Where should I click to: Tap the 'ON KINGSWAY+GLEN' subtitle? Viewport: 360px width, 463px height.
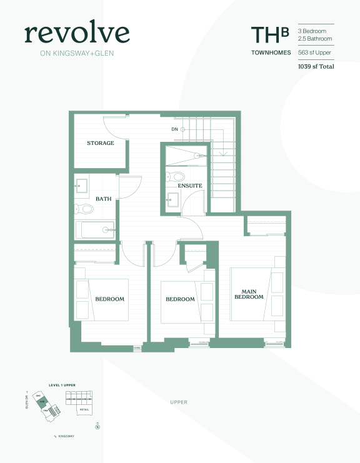(x=77, y=53)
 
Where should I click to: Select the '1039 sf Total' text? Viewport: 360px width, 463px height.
(x=316, y=66)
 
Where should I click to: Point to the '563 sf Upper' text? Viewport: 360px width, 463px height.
(x=316, y=52)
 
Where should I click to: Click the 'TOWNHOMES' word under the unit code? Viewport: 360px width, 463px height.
(x=271, y=52)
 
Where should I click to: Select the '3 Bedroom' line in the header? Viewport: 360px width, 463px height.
(x=316, y=31)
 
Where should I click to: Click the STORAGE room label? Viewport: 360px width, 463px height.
(x=100, y=143)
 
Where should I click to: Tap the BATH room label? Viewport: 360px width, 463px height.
(x=103, y=199)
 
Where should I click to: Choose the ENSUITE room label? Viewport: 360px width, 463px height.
(x=189, y=186)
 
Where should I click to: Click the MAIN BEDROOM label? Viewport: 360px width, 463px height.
(x=249, y=294)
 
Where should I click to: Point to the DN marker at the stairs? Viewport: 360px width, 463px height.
(x=175, y=129)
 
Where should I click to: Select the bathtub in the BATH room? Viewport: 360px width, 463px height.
(x=95, y=230)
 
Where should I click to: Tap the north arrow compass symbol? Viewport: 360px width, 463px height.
(x=97, y=427)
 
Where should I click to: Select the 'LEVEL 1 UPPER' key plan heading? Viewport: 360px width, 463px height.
(x=62, y=386)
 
